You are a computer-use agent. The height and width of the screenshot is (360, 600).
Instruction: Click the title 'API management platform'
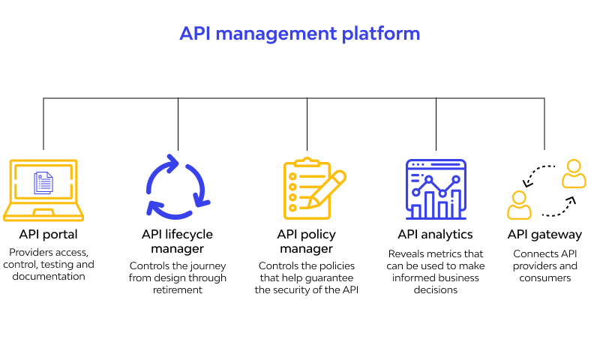coord(299,34)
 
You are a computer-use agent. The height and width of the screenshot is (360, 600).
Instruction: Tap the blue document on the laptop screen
coord(43,183)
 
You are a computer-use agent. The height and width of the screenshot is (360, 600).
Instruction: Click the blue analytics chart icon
coord(436,189)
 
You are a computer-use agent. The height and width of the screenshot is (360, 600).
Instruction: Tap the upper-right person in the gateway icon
coord(574,174)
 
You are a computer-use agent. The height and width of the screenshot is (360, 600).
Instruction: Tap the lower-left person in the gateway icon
coord(519,205)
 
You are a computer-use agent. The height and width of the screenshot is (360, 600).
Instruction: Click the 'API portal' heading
coord(48,234)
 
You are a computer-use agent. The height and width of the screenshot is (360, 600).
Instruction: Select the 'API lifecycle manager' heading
coord(177,241)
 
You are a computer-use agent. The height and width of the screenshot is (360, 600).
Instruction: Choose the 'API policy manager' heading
coord(307,241)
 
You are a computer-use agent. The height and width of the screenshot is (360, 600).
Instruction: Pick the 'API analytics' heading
coord(436,234)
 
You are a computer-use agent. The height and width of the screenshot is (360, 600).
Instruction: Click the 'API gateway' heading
coord(545,235)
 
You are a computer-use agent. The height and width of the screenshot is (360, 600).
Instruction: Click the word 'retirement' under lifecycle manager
coord(178,290)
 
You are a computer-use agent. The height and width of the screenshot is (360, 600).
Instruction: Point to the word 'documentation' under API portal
coord(49,276)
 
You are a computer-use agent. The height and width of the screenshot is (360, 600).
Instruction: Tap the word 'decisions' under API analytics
coord(436,290)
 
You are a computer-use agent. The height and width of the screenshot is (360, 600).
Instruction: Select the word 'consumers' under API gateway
coord(545,278)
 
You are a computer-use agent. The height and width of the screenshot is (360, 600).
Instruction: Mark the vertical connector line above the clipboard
coord(307,124)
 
